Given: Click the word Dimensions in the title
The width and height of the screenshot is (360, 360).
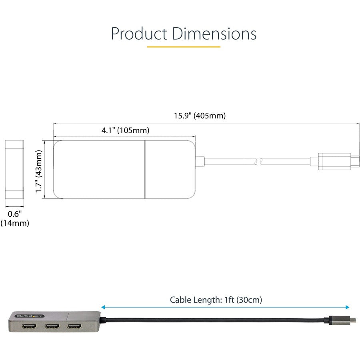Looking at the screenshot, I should point(214,34).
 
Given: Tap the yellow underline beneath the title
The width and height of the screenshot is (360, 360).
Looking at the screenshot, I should point(184,47).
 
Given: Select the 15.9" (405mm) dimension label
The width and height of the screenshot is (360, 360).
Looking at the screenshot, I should point(200,116).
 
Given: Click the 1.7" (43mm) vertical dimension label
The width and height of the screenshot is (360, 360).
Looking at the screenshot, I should point(38,171).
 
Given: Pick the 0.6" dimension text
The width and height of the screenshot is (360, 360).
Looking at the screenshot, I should point(14,214).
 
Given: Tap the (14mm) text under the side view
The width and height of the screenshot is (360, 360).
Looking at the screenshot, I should point(15,223).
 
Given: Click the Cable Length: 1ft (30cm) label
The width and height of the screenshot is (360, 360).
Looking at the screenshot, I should point(216,300).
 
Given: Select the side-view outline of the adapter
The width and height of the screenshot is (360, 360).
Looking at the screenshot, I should point(14,170).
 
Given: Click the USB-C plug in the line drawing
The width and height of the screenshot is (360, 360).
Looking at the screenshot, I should point(335,161).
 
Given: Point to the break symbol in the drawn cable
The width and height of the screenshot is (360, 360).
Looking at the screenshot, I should point(258,161).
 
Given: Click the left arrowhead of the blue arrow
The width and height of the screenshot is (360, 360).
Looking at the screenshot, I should point(103,307).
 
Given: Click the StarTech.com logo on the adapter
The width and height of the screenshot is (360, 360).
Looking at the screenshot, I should point(29,316).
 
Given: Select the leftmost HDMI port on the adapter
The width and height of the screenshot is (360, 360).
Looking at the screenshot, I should point(30,328).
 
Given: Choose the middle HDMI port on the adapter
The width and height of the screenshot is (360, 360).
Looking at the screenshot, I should point(52,328).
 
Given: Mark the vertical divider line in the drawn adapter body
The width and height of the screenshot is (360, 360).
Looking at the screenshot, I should point(144,170).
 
